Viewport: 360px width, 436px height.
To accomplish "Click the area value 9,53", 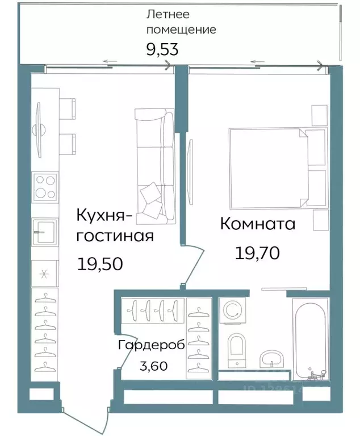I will [x=162, y=49].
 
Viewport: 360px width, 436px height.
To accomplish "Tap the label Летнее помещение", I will [x=181, y=22].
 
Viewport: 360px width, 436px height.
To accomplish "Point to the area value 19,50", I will [x=100, y=263].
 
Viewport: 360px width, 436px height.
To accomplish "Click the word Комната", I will [x=257, y=224].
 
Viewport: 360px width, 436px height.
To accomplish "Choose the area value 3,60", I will [x=153, y=366].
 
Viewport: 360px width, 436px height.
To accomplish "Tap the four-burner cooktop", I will [x=45, y=187].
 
